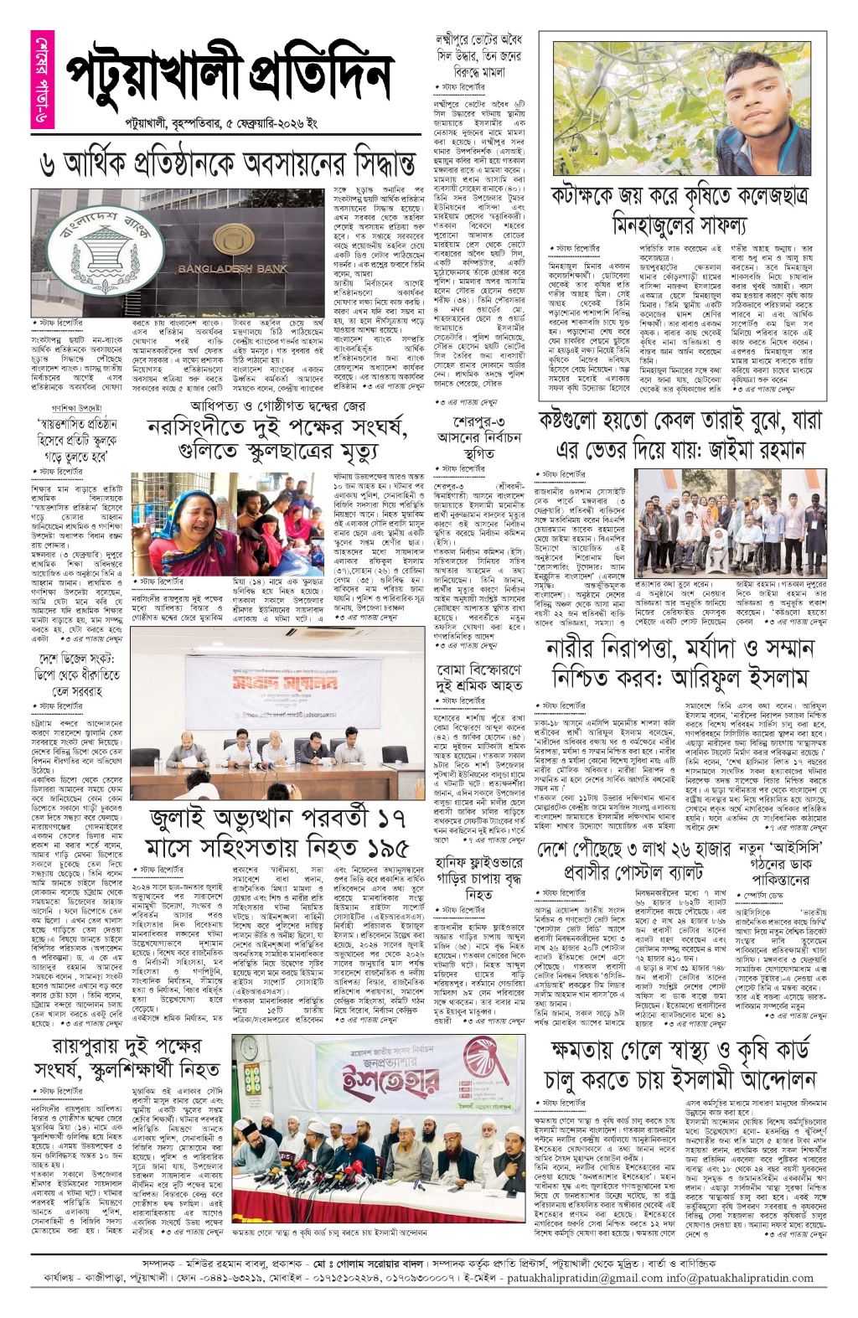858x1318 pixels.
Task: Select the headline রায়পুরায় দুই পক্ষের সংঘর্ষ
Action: pos(127,1057)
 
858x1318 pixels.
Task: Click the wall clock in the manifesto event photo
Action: pos(249,1049)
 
